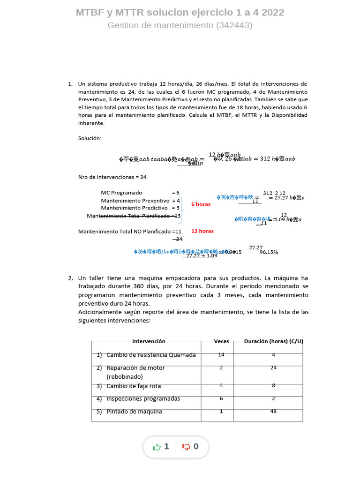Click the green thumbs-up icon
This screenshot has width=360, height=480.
(x=157, y=447)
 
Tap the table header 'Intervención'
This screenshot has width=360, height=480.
(x=149, y=341)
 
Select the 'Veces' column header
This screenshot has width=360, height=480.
(x=221, y=341)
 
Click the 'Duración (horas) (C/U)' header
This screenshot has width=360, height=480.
(x=274, y=341)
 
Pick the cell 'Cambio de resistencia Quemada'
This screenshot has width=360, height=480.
(x=151, y=355)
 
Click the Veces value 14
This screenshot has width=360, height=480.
(x=221, y=355)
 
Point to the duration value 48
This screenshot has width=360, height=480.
(x=273, y=412)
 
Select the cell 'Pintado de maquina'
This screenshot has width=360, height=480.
(x=134, y=412)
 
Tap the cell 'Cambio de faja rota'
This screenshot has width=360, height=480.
(x=134, y=386)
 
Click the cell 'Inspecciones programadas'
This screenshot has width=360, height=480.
(x=143, y=399)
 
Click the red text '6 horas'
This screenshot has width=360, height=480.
(x=201, y=204)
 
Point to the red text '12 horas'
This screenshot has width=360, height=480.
(x=202, y=231)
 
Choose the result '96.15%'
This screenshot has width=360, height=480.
(x=269, y=252)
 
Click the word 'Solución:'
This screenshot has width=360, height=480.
(x=90, y=138)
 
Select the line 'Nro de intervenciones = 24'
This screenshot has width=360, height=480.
(x=112, y=177)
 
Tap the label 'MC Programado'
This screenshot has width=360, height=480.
(x=121, y=193)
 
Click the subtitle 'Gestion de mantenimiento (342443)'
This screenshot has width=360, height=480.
(x=180, y=25)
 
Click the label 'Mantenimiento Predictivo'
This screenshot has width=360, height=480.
(x=134, y=208)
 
